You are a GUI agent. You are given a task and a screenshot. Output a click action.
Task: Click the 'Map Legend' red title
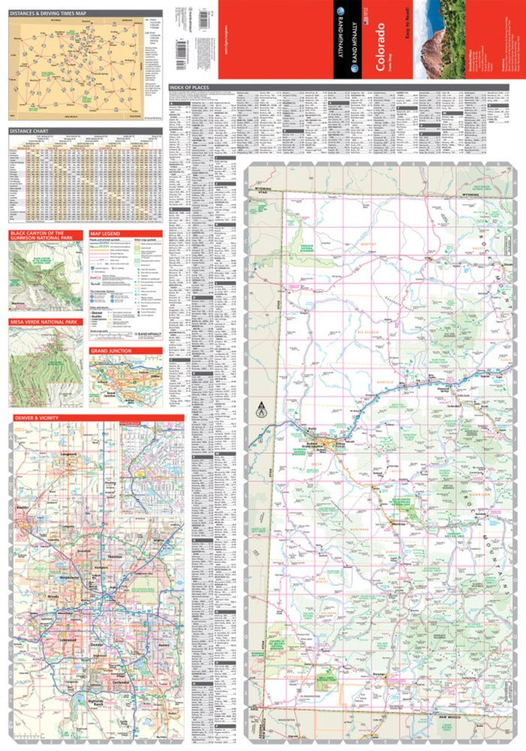point(106,234)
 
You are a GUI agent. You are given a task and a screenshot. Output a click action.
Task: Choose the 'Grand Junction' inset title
point(110,351)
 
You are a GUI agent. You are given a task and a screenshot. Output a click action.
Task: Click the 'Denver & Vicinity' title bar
point(38,417)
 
